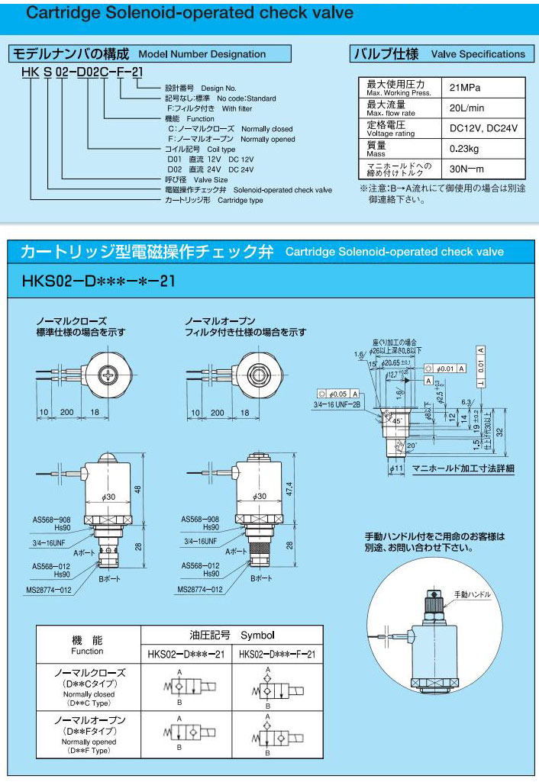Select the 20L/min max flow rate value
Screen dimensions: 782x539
466,108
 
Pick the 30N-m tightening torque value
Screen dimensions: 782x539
466,169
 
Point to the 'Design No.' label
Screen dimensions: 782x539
219,88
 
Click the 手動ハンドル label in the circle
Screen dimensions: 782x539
472,594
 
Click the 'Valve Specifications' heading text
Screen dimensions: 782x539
478,54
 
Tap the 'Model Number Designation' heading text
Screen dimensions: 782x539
202,54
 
